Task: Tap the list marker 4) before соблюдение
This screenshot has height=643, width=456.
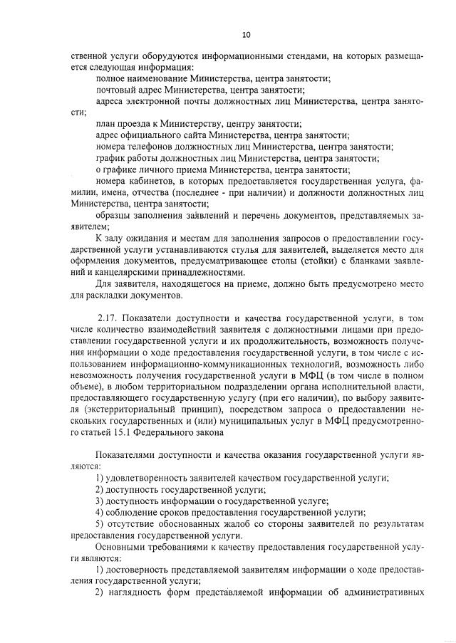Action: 100,512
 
